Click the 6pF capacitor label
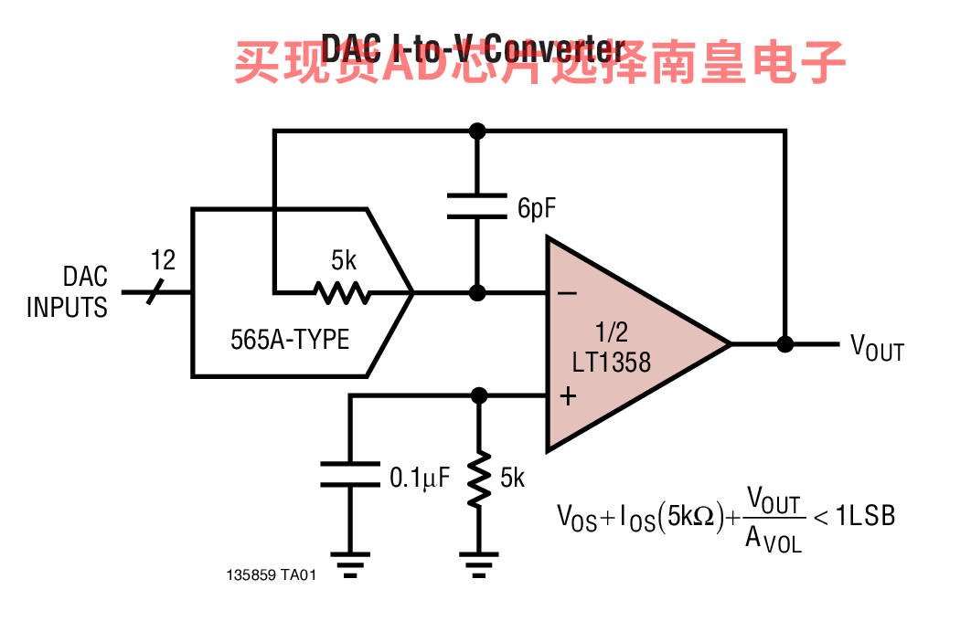point(537,208)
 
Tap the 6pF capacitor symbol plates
point(476,205)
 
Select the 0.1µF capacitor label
point(420,477)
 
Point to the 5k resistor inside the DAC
point(342,292)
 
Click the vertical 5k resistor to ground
point(477,482)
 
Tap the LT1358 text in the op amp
point(612,362)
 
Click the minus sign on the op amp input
point(567,292)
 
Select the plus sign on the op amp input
point(568,396)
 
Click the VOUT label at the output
point(876,348)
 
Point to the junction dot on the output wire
point(784,344)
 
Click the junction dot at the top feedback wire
point(476,131)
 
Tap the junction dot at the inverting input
point(476,292)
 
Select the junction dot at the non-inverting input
point(477,395)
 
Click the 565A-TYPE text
point(290,340)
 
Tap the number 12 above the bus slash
point(163,261)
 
